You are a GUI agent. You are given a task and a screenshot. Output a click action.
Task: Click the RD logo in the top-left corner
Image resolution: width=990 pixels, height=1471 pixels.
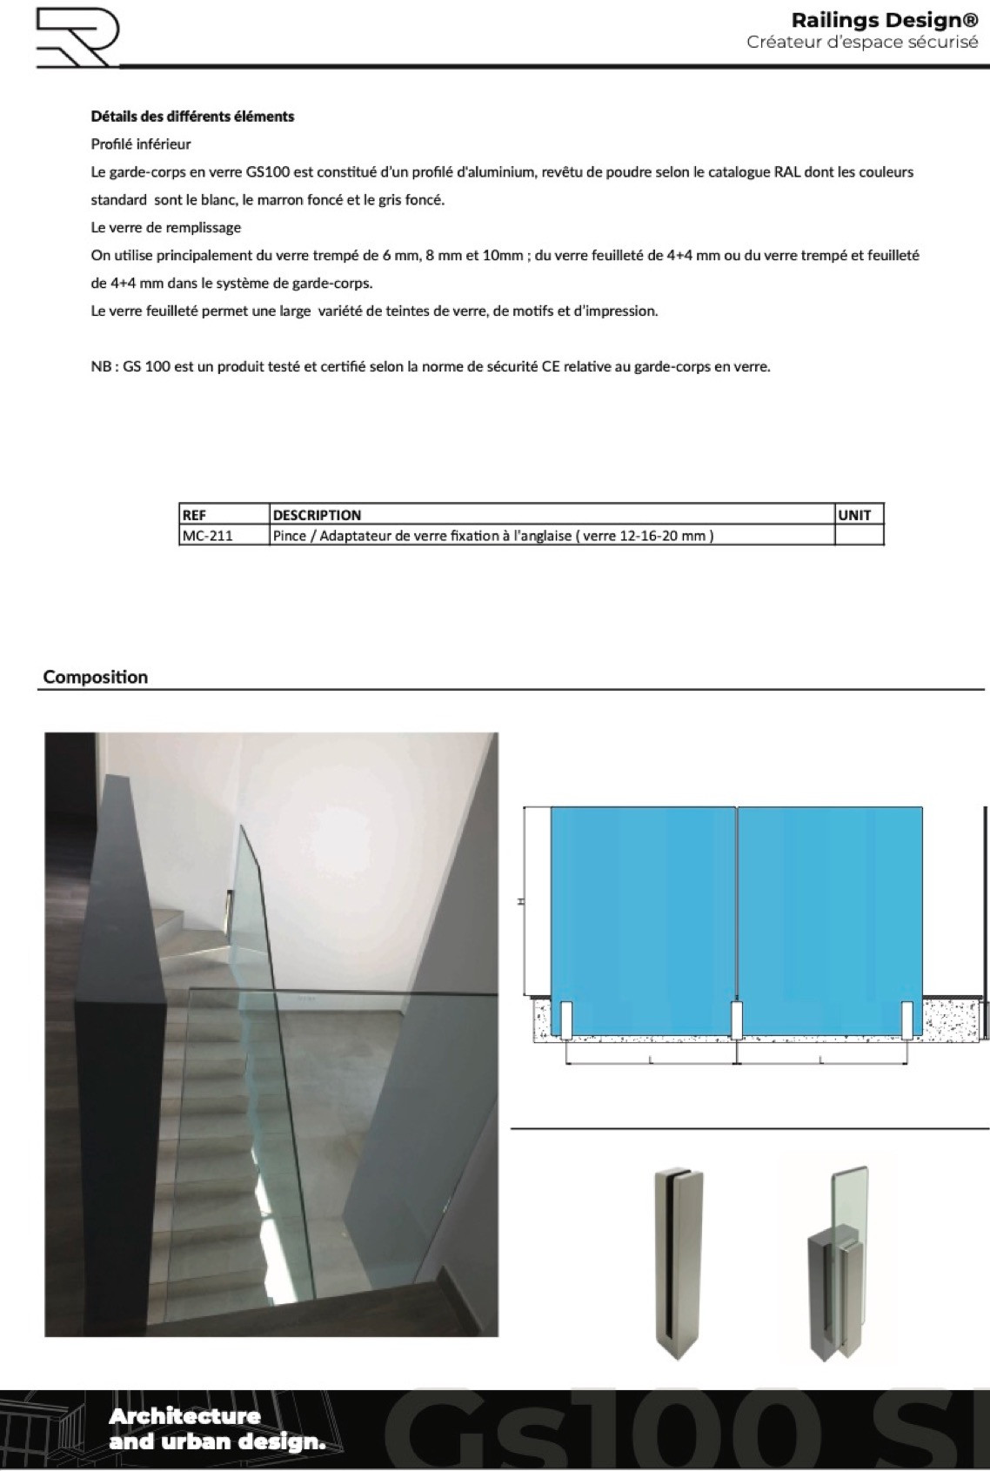coord(77,37)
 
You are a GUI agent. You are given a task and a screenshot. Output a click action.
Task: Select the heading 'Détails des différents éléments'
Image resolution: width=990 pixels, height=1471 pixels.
coord(192,117)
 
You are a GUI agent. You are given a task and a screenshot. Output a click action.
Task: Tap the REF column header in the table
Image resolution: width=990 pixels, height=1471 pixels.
coord(194,515)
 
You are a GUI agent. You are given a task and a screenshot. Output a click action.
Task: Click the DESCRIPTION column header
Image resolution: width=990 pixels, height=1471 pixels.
coord(317,515)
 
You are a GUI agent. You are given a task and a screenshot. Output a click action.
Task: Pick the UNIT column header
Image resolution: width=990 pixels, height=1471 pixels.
coord(854,515)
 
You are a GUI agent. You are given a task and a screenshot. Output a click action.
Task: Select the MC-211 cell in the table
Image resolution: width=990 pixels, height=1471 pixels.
coord(207,536)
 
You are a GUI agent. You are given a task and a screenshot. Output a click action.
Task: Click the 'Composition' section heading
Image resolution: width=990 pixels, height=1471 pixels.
coord(96,677)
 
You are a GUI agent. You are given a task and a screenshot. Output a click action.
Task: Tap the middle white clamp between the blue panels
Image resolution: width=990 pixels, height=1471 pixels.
coord(736,1020)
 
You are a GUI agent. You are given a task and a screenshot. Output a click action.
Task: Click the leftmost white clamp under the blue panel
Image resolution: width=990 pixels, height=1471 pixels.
coord(565,1020)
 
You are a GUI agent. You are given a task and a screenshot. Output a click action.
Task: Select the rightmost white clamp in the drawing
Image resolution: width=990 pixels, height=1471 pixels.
coord(906,1020)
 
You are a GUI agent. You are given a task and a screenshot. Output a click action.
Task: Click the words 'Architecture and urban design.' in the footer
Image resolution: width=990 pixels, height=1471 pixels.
coord(217,1428)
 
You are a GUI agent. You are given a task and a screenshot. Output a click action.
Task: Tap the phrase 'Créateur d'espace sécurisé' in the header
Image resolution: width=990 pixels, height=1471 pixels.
coord(861,43)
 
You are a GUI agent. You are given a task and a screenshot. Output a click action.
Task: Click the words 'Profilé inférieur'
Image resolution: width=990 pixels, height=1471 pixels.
coord(141,144)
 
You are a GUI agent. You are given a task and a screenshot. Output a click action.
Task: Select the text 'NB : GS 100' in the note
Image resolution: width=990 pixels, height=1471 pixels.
coord(130,367)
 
